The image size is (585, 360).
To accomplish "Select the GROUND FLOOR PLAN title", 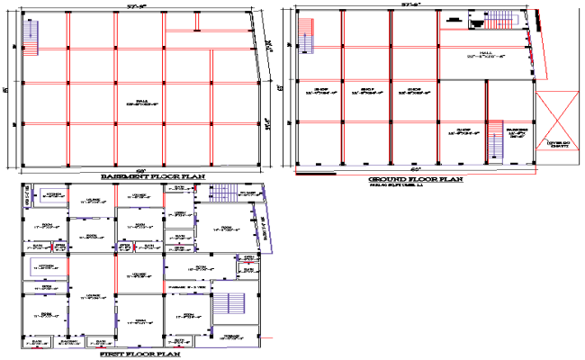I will tap(416, 179).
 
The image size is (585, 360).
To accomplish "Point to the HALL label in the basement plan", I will tap(142, 102).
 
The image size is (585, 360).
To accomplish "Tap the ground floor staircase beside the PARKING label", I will tap(495, 140).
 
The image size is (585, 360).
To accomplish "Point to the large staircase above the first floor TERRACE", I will tap(232, 307).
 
